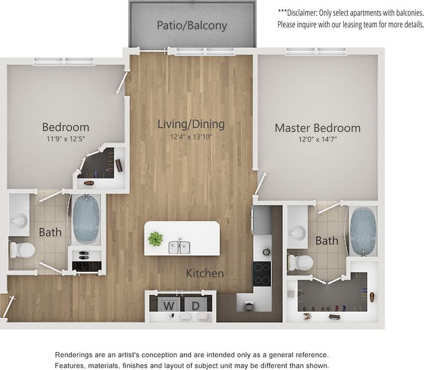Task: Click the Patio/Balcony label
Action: pyautogui.click(x=192, y=26)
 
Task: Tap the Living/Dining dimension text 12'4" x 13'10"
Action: pyautogui.click(x=191, y=137)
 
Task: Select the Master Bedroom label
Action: pyautogui.click(x=317, y=128)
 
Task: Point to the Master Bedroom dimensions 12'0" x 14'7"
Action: pyautogui.click(x=318, y=140)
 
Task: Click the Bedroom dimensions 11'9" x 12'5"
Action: pyautogui.click(x=65, y=139)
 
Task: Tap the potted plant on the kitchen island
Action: pyautogui.click(x=155, y=238)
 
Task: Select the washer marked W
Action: pyautogui.click(x=167, y=306)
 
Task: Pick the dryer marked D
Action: pyautogui.click(x=195, y=306)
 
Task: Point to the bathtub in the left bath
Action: pyautogui.click(x=86, y=219)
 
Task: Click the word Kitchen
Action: pyautogui.click(x=205, y=274)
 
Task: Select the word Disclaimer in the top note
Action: pyautogui.click(x=301, y=13)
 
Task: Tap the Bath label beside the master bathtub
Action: pyautogui.click(x=327, y=240)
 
